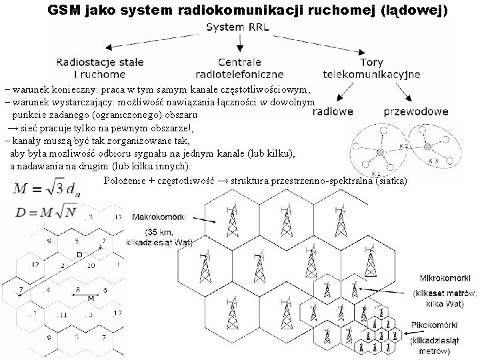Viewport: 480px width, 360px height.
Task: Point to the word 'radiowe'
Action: click(x=332, y=112)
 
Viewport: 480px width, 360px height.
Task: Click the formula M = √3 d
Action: click(x=43, y=189)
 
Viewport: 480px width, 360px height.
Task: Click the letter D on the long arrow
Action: click(x=79, y=255)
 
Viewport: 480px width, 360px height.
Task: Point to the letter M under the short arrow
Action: click(x=91, y=299)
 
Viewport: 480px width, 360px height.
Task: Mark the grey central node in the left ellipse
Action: click(x=379, y=153)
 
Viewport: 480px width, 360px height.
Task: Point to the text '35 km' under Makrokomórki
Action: click(x=159, y=232)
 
